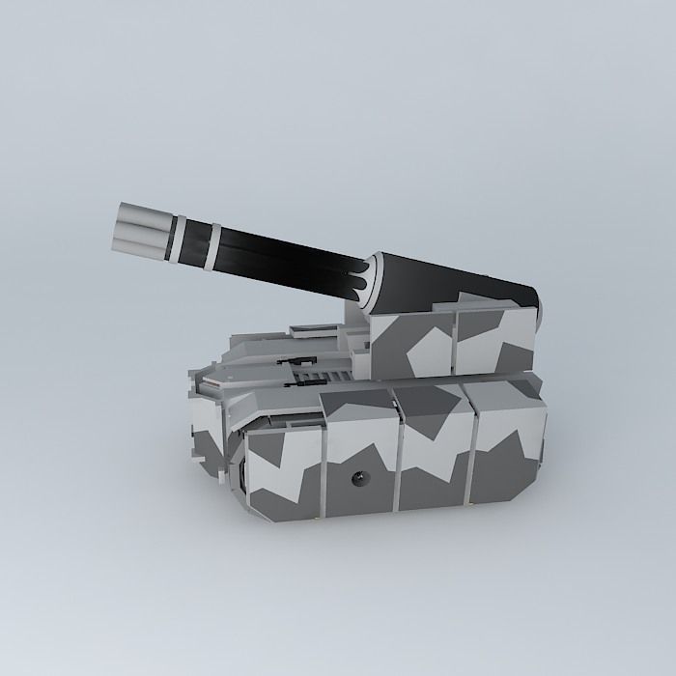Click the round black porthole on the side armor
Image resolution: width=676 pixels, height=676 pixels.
coord(359,476)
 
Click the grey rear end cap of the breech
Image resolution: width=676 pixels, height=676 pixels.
coord(540,309)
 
